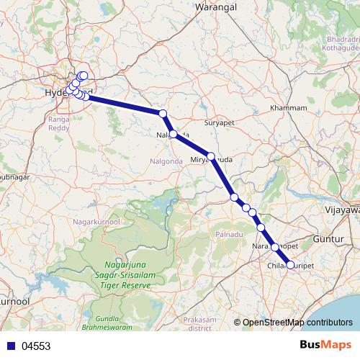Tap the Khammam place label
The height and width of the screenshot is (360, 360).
[288, 108]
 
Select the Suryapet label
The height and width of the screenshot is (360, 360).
[220, 123]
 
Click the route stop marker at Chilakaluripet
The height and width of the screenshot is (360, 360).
[290, 265]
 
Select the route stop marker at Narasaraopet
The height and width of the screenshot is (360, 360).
[274, 247]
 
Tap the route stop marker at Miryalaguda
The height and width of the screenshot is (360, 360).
[211, 156]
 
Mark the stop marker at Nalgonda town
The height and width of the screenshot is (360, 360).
[174, 134]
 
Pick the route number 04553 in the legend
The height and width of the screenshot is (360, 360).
[36, 346]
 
